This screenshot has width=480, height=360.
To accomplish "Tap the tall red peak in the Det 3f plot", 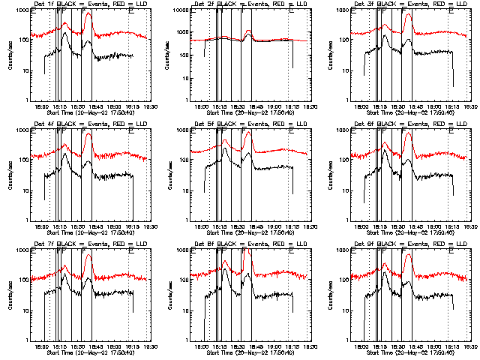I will [x=407, y=14].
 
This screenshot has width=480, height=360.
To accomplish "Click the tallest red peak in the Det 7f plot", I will [x=88, y=256].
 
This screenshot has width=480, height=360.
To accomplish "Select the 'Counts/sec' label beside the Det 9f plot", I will [x=332, y=295].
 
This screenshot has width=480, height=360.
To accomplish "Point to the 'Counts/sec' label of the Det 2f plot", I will [x=172, y=55].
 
